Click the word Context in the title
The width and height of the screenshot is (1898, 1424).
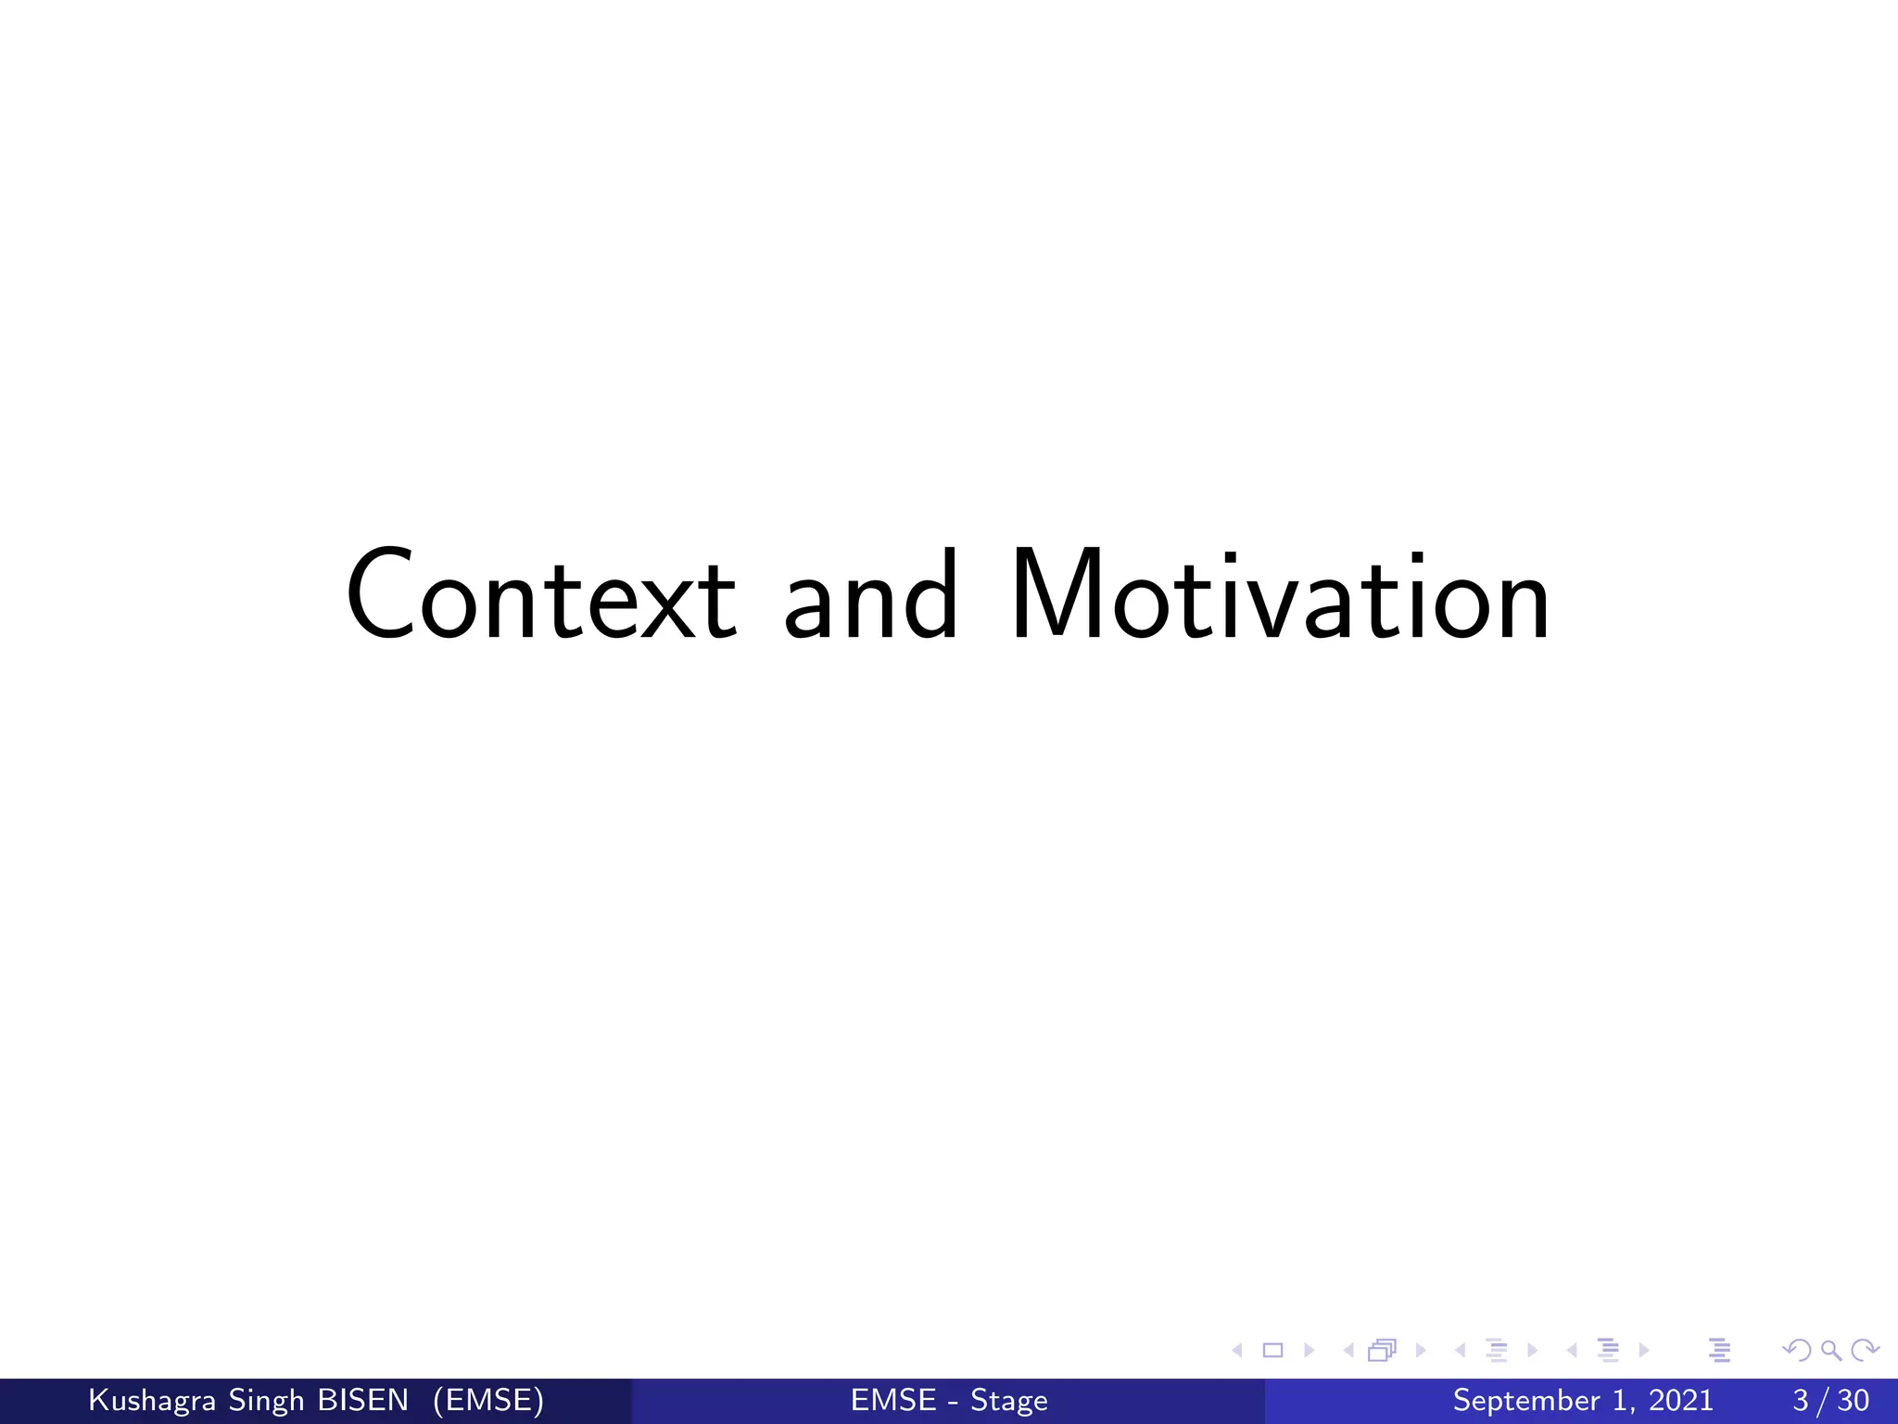pyautogui.click(x=540, y=595)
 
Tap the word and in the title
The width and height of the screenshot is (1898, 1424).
pyautogui.click(x=870, y=595)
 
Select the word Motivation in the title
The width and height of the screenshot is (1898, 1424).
pyautogui.click(x=1280, y=595)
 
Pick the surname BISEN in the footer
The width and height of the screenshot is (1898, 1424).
pyautogui.click(x=362, y=1400)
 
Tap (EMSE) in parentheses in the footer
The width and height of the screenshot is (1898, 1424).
pyautogui.click(x=488, y=1401)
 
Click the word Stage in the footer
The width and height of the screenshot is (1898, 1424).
pyautogui.click(x=1009, y=1401)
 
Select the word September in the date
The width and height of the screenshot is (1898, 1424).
pyautogui.click(x=1525, y=1401)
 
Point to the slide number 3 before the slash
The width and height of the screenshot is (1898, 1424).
pyautogui.click(x=1801, y=1400)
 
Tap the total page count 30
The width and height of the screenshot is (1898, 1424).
pyautogui.click(x=1853, y=1400)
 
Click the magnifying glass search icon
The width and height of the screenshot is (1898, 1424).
pyautogui.click(x=1830, y=1350)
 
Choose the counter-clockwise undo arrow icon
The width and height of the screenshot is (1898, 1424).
pyautogui.click(x=1797, y=1350)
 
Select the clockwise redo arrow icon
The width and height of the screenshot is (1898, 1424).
pyautogui.click(x=1865, y=1350)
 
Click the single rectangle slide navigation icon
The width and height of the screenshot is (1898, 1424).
pyautogui.click(x=1273, y=1350)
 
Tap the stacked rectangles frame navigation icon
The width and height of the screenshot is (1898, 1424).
pyautogui.click(x=1382, y=1350)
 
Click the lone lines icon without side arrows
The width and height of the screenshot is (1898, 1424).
pyautogui.click(x=1720, y=1350)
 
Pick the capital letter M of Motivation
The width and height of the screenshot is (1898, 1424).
pyautogui.click(x=1057, y=595)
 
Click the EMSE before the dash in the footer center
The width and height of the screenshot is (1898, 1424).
pyautogui.click(x=893, y=1400)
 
